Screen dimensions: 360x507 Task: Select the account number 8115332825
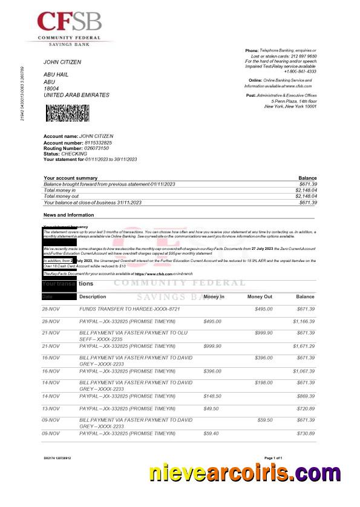click(x=90, y=142)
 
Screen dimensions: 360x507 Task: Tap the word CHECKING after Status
click(x=74, y=154)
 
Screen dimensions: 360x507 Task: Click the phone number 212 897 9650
click(x=303, y=56)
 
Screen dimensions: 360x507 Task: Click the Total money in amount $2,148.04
click(x=306, y=190)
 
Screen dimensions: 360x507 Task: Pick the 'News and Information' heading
click(x=69, y=215)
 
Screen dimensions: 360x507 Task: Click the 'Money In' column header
click(x=214, y=297)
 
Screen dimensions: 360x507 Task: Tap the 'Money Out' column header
click(x=260, y=297)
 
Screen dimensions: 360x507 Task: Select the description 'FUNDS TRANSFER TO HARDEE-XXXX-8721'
click(x=129, y=309)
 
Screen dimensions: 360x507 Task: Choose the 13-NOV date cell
click(x=51, y=408)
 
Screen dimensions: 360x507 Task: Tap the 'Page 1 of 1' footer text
click(x=273, y=458)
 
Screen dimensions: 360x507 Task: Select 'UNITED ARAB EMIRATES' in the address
click(x=76, y=96)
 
